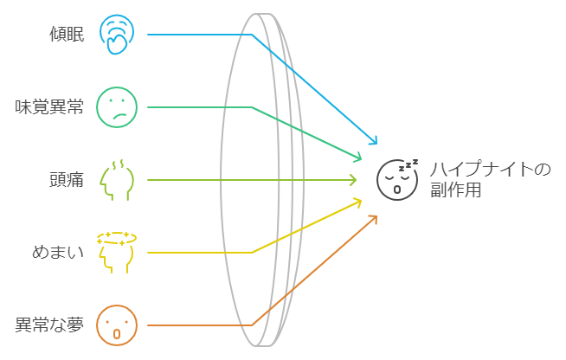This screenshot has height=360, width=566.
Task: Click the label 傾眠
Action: [x=67, y=35]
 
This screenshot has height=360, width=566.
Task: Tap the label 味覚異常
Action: [x=49, y=107]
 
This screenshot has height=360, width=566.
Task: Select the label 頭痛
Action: [x=67, y=180]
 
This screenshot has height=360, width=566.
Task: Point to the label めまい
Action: [x=58, y=253]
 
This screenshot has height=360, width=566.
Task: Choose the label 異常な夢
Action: [x=49, y=325]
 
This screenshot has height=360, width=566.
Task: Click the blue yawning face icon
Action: [x=117, y=35]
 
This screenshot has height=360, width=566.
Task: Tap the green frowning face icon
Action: [x=117, y=107]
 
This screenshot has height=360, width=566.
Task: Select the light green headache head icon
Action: [x=117, y=180]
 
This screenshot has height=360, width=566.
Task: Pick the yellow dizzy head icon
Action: [x=117, y=253]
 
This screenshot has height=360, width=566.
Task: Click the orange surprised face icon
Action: [x=117, y=325]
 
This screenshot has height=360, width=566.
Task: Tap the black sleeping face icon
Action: [x=397, y=179]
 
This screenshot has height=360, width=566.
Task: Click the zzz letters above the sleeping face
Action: [x=408, y=165]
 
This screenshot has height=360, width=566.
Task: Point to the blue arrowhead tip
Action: [x=376, y=144]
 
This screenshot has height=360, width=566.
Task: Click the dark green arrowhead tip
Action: [x=361, y=158]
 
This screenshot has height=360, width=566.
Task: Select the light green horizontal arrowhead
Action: [x=352, y=180]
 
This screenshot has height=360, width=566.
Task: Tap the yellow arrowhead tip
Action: [x=361, y=201]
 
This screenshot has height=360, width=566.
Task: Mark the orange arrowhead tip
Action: [x=376, y=216]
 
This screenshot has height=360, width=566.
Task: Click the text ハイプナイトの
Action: [x=490, y=169]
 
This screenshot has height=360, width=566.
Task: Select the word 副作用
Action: [x=455, y=190]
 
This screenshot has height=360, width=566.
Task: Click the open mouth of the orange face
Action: [x=117, y=334]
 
